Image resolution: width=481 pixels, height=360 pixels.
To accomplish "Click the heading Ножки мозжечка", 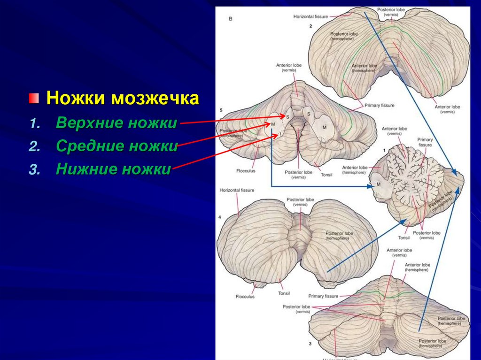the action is tap(123, 100).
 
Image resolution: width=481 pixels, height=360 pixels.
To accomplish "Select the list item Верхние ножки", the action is tap(116, 123).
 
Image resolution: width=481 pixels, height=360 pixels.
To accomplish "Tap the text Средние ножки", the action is tap(116, 146).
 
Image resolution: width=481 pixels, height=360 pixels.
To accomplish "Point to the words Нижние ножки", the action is tap(113, 169).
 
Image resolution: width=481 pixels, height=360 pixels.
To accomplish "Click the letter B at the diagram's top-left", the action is tap(231, 19).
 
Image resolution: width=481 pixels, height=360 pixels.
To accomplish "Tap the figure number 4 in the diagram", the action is tap(220, 218).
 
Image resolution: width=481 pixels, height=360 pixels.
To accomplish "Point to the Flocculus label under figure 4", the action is tap(245, 297).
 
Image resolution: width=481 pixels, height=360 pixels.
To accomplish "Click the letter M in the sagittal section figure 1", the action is tap(378, 184).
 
